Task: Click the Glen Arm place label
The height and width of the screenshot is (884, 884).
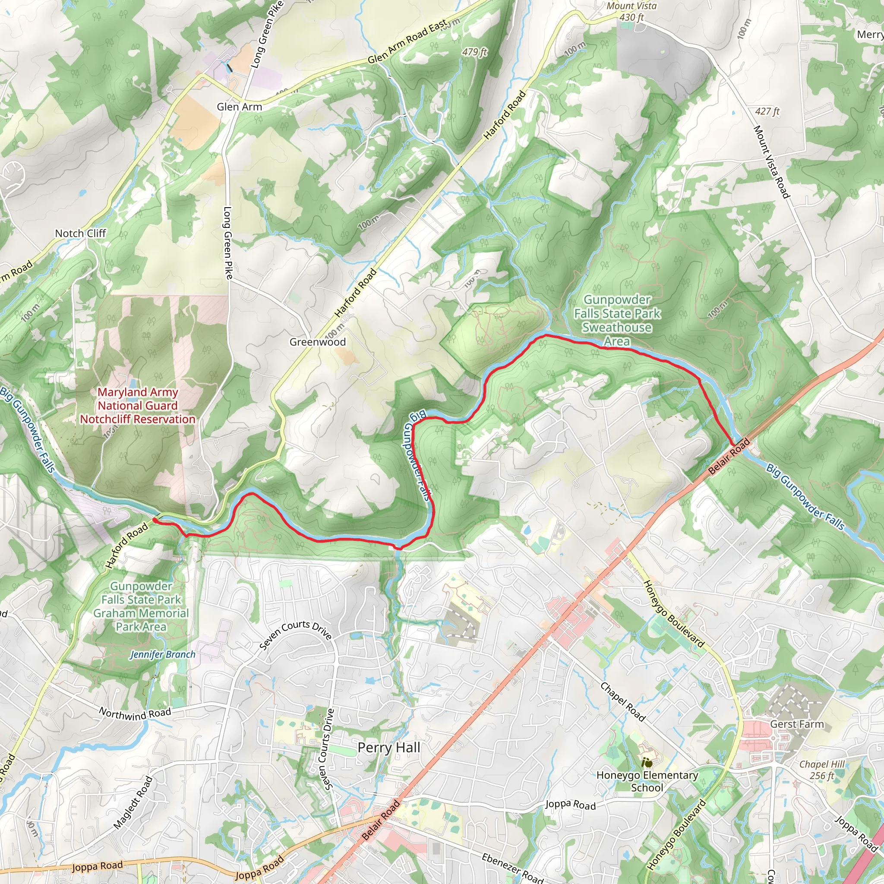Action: tap(239, 107)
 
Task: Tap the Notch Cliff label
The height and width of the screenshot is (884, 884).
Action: tap(81, 234)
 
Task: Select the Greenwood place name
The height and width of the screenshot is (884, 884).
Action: tap(318, 342)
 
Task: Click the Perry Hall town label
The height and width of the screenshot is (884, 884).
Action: tap(389, 747)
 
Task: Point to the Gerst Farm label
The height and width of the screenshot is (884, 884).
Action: tap(797, 724)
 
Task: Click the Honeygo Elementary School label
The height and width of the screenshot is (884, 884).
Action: tap(647, 781)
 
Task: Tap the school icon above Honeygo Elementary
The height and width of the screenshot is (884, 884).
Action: tap(647, 762)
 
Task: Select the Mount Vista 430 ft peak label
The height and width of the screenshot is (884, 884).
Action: tap(631, 12)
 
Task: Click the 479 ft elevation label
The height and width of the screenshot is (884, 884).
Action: tap(474, 52)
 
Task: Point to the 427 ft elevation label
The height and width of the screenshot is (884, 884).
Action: tap(767, 111)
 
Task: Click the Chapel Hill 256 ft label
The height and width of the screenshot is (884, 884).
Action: tap(822, 770)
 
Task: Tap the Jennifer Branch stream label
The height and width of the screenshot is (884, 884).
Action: tap(162, 654)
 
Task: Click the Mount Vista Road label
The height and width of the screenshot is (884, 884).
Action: tap(771, 162)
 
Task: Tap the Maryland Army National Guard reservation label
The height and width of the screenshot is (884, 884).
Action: tap(137, 405)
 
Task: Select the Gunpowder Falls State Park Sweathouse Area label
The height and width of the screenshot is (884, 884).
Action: tap(617, 320)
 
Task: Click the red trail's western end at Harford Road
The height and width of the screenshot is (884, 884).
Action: tap(155, 520)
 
